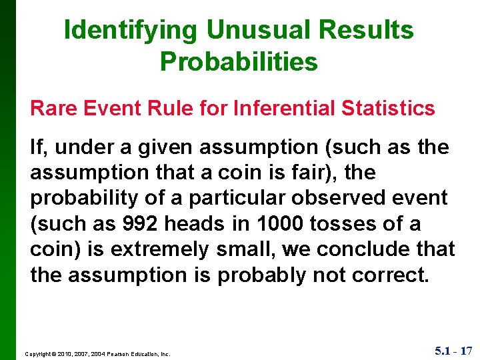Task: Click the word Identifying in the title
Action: point(131,30)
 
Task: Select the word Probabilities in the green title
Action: point(239,62)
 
